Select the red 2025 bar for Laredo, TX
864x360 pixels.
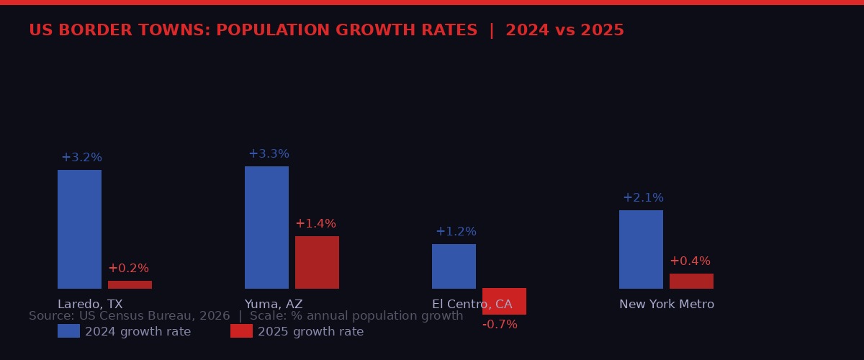click(x=130, y=284)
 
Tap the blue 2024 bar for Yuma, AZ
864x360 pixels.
click(x=266, y=228)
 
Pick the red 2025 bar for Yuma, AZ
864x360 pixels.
click(x=317, y=262)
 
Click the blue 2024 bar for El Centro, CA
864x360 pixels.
click(x=454, y=266)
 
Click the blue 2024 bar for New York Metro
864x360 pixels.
click(x=641, y=249)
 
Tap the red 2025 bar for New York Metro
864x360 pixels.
click(x=691, y=281)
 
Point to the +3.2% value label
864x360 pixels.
click(x=81, y=158)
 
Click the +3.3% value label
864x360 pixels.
click(x=269, y=154)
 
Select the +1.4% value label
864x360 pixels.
click(x=315, y=224)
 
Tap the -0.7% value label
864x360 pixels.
click(x=500, y=325)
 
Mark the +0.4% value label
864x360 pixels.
click(x=690, y=261)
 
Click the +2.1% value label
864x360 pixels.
click(x=643, y=198)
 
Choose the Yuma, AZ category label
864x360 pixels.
click(x=274, y=305)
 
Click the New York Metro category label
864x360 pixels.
click(x=667, y=305)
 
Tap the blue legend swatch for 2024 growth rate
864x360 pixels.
click(x=68, y=331)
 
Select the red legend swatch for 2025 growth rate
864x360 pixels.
click(x=241, y=331)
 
